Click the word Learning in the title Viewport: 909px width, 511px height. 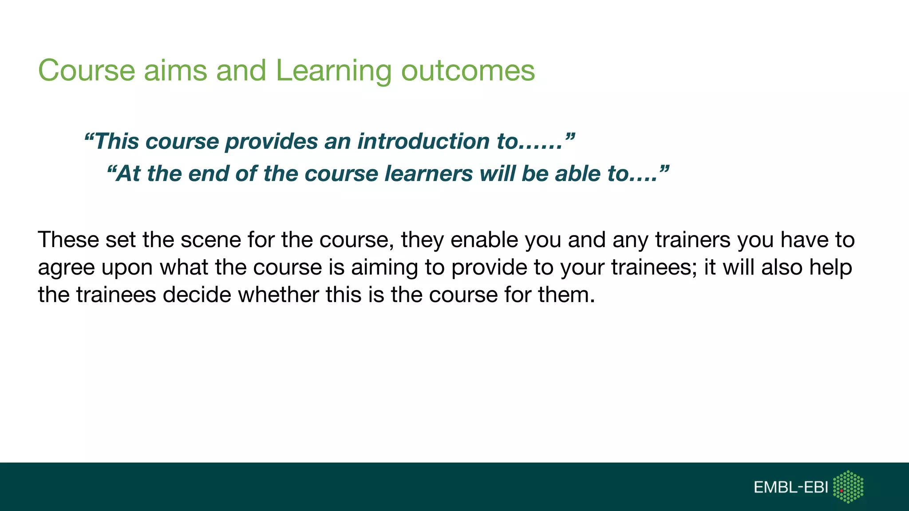[333, 71]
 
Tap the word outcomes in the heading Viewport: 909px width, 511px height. [468, 71]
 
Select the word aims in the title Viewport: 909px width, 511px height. [175, 71]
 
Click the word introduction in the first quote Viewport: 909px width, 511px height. [424, 142]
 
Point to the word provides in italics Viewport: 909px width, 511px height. [271, 142]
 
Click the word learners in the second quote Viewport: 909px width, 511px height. [428, 173]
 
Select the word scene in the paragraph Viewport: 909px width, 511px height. [210, 240]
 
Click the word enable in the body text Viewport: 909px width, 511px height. [484, 240]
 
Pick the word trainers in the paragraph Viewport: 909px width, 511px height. [692, 240]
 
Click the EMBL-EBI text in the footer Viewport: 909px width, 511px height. [790, 487]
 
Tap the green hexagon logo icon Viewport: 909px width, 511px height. [848, 487]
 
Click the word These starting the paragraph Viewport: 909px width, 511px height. [68, 240]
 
